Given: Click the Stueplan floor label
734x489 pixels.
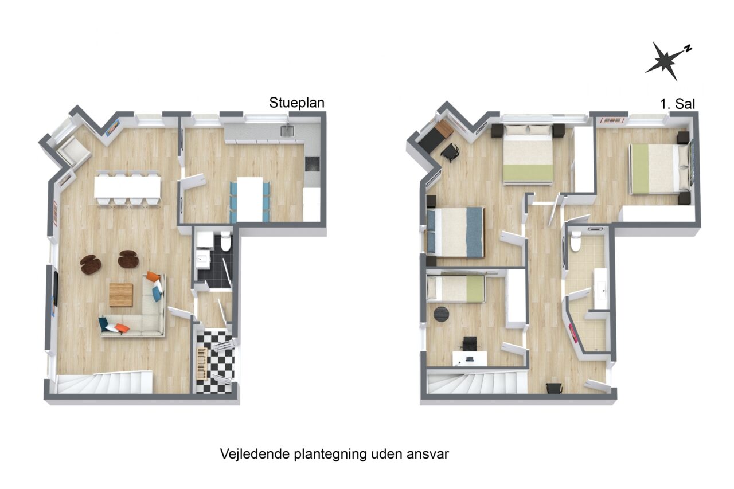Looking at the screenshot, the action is click(296, 103).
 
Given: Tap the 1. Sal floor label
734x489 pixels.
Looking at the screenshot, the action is click(677, 104).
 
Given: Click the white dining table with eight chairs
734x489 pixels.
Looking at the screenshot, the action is click(127, 187).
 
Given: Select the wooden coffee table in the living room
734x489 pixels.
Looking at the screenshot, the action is click(121, 295).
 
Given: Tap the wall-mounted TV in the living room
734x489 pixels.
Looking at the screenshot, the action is click(56, 289).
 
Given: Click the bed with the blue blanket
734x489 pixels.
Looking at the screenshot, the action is click(455, 232).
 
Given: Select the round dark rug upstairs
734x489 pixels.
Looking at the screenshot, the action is click(441, 314).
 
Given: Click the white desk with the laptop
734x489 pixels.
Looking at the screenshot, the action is click(469, 358).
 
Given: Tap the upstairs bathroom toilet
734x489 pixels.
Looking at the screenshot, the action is click(576, 241).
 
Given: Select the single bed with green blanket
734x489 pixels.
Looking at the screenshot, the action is click(455, 288).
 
